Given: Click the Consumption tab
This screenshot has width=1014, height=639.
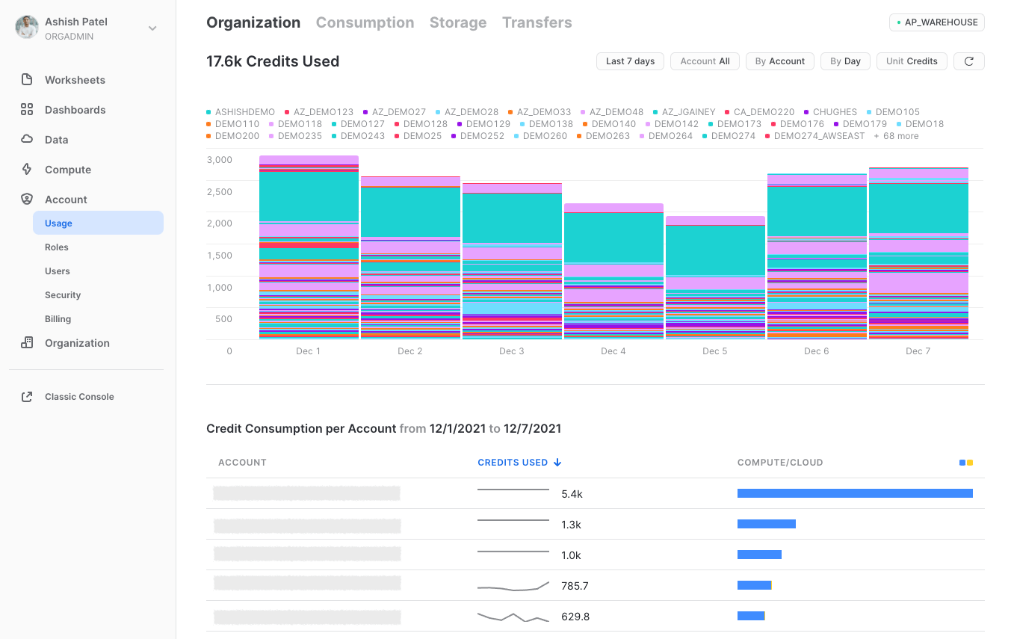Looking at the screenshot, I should (365, 22).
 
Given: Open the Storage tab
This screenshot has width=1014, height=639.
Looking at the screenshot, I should (457, 22).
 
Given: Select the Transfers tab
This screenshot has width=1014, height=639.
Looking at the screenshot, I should (537, 22).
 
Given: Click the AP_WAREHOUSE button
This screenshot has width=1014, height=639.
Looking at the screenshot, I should (936, 22).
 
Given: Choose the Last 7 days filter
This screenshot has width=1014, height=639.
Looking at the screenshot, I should (630, 61).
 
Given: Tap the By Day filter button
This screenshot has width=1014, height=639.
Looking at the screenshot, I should (845, 61).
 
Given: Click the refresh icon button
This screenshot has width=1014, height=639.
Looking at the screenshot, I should (968, 61).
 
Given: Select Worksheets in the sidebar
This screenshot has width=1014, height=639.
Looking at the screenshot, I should (75, 80).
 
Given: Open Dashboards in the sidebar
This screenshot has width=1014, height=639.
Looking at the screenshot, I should (75, 110).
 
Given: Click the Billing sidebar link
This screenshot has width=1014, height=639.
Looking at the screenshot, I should (58, 319).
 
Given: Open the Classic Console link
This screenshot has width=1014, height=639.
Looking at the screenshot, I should (79, 397).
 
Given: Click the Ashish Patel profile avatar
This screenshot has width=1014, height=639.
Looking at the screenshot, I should (27, 28).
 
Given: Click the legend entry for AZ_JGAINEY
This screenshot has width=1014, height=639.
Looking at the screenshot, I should (688, 112).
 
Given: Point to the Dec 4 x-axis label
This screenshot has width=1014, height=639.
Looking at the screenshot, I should (613, 351).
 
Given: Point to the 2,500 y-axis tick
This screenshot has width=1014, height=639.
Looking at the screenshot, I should (219, 192).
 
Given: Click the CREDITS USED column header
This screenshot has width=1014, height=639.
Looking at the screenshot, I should (513, 463).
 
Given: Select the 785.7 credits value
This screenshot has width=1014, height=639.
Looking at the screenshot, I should (575, 586).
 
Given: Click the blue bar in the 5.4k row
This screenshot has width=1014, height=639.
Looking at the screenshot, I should (854, 493).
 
